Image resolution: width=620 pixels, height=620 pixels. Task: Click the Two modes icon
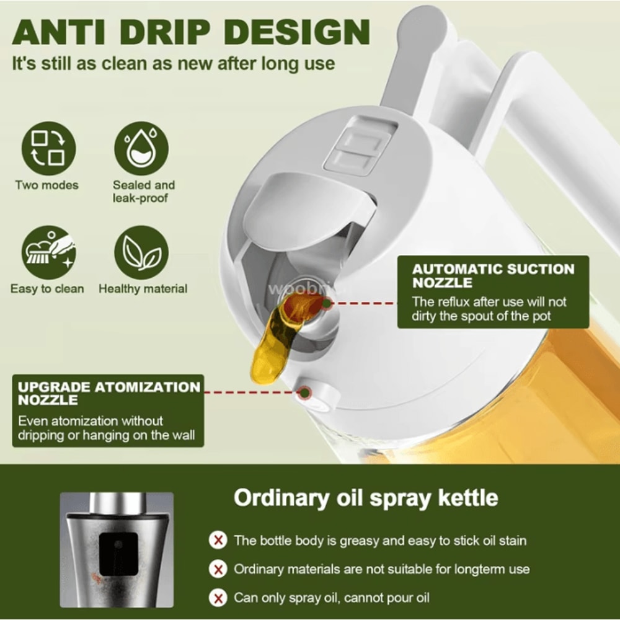pyautogui.click(x=48, y=148)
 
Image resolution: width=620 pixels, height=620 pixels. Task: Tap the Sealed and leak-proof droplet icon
pyautogui.click(x=141, y=148)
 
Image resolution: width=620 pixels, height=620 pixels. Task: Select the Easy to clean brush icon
pyautogui.click(x=48, y=252)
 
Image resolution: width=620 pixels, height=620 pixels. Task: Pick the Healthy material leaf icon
pyautogui.click(x=141, y=252)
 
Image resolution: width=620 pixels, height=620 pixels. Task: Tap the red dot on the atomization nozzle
pyautogui.click(x=304, y=392)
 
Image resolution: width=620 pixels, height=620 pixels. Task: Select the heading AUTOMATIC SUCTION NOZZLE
pyautogui.click(x=493, y=276)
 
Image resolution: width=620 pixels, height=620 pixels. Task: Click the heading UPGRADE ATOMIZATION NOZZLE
pyautogui.click(x=108, y=393)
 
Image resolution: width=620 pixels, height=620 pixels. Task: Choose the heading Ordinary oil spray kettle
pyautogui.click(x=365, y=498)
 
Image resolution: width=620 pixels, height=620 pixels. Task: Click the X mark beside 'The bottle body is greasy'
pyautogui.click(x=218, y=540)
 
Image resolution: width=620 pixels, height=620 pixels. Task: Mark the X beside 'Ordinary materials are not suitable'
pyautogui.click(x=218, y=569)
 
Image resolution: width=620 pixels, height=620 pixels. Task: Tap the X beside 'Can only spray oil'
pyautogui.click(x=218, y=598)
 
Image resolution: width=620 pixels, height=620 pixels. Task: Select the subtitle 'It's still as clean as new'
pyautogui.click(x=174, y=63)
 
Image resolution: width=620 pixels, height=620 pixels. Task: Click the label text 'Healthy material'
pyautogui.click(x=143, y=289)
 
